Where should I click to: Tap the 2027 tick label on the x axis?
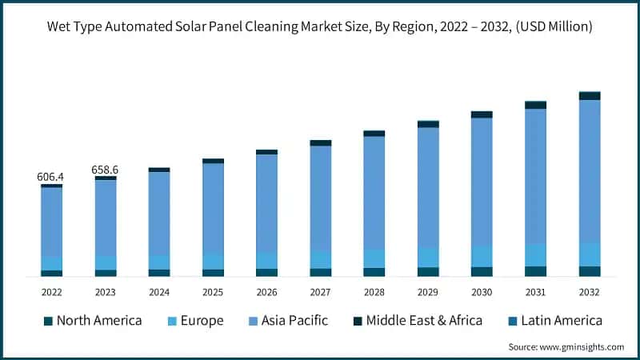pyautogui.click(x=320, y=292)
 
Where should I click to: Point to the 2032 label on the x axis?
pyautogui.click(x=590, y=292)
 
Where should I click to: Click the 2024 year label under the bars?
pyautogui.click(x=159, y=292)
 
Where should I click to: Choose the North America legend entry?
pyautogui.click(x=98, y=321)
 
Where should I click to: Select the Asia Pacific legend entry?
pyautogui.click(x=293, y=321)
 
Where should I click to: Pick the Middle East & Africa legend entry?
pyautogui.click(x=424, y=321)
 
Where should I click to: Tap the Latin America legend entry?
pyautogui.click(x=561, y=321)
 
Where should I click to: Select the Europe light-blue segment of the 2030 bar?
pyautogui.click(x=482, y=256)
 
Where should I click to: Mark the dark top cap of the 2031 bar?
pyautogui.click(x=535, y=105)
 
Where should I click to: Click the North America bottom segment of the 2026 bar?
pyautogui.click(x=266, y=272)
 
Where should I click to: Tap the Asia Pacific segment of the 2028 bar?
pyautogui.click(x=374, y=192)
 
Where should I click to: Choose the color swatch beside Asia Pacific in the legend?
pyautogui.click(x=253, y=322)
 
